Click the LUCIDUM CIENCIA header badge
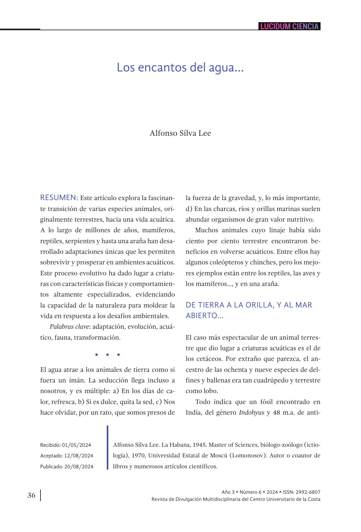[289, 26]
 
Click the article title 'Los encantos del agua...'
[180, 68]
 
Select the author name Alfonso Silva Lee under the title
[180, 133]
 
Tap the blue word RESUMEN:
[59, 197]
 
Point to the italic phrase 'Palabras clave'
[69, 327]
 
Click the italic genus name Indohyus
[251, 413]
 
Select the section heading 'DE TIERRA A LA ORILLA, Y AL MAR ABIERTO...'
[249, 310]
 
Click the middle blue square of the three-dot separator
[107, 355]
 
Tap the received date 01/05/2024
[77, 445]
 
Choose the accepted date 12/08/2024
[78, 456]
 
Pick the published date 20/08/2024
[79, 467]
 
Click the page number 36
[32, 495]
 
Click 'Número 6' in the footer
[250, 492]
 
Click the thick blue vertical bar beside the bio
[108, 447]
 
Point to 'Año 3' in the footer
[228, 492]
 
